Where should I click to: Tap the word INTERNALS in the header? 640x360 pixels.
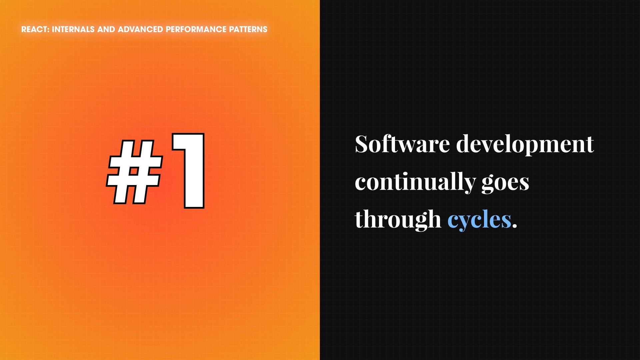click(x=73, y=29)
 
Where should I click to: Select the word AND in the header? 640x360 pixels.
click(x=106, y=29)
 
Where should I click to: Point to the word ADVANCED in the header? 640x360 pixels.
click(x=140, y=29)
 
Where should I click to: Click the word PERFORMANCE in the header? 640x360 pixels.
click(x=196, y=29)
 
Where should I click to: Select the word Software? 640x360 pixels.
click(x=402, y=144)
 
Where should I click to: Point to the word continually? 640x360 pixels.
click(x=415, y=183)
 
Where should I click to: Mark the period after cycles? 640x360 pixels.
click(x=515, y=226)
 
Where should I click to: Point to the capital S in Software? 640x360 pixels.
click(x=361, y=144)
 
